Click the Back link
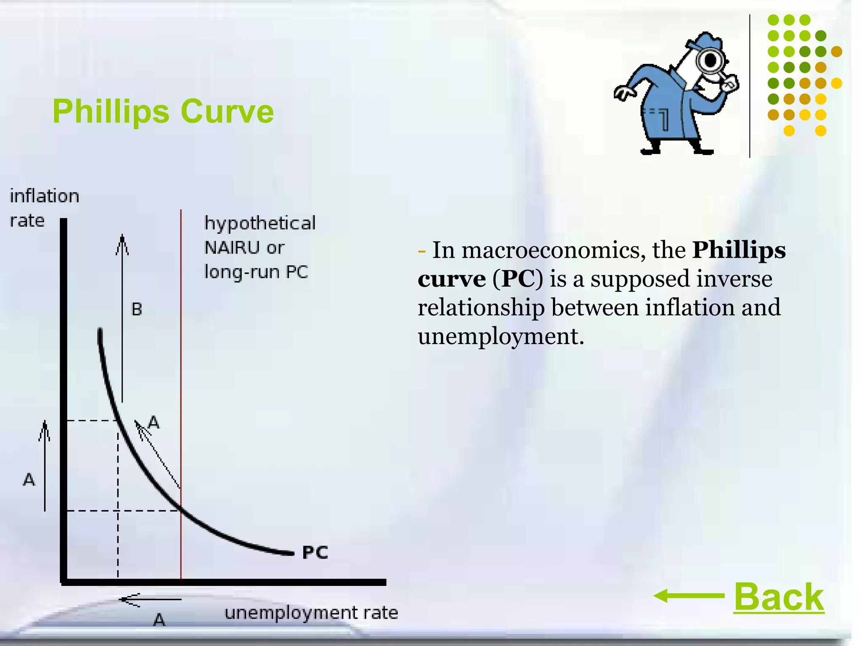pos(779,597)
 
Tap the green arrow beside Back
pos(688,596)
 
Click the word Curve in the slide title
pos(227,111)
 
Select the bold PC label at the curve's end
pos(315,552)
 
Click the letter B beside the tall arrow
pos(137,310)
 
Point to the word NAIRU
pos(231,248)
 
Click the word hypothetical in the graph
pos(260,223)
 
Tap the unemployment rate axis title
pos(311,613)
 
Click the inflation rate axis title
pos(44,208)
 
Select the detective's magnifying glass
pos(711,61)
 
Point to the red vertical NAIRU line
pos(181,379)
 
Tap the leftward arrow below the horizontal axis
pos(151,599)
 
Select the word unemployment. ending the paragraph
pos(501,336)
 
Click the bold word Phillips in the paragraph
pos(739,250)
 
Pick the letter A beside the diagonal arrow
pos(154,422)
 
